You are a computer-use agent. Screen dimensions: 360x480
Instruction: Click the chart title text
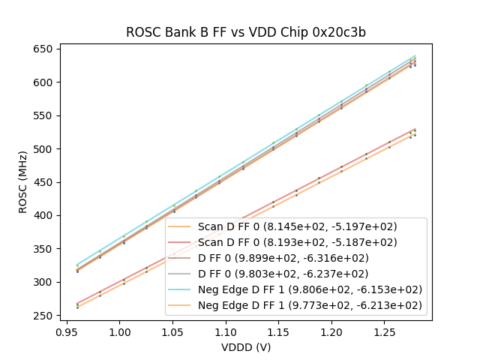tap(245, 32)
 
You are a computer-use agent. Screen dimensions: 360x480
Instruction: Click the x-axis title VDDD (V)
tap(245, 347)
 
